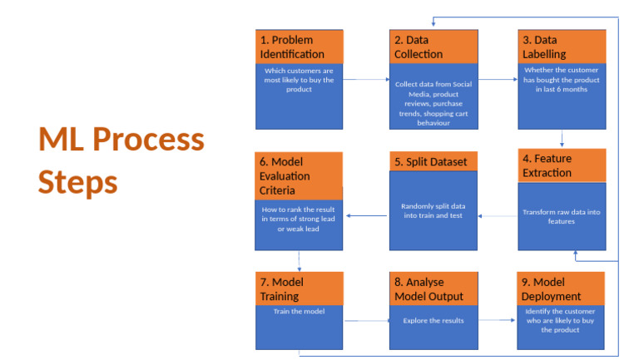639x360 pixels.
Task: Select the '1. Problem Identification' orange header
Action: (299, 47)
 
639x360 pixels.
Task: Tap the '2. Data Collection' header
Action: (433, 47)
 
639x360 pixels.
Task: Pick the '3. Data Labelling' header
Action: (562, 47)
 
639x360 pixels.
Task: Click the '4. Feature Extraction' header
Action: (562, 165)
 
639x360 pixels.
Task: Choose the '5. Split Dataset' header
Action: (433, 161)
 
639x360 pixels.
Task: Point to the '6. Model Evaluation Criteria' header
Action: (299, 175)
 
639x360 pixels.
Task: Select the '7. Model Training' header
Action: (299, 288)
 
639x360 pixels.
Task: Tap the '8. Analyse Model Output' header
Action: (433, 288)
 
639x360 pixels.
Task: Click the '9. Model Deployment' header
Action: (562, 288)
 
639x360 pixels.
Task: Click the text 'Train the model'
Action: (299, 312)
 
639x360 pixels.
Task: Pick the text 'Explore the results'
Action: (433, 319)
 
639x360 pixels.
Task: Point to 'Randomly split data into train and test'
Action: (433, 210)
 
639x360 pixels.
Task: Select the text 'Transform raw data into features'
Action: (562, 216)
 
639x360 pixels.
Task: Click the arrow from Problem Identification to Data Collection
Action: (366, 80)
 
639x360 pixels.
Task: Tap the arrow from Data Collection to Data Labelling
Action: (498, 80)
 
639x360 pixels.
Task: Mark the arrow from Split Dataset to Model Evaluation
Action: (366, 216)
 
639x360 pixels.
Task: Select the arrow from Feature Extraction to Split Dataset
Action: (498, 216)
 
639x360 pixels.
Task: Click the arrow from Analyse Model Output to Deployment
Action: (498, 319)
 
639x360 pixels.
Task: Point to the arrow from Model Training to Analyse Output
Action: (366, 320)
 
